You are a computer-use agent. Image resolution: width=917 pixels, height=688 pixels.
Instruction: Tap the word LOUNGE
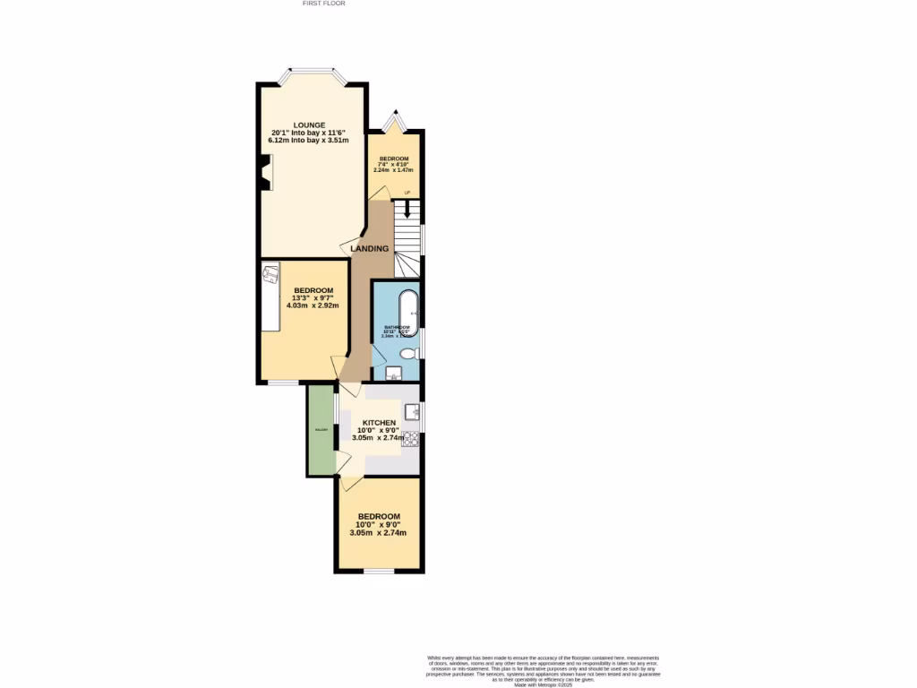(x=309, y=125)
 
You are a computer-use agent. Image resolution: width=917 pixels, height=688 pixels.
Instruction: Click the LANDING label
(x=369, y=248)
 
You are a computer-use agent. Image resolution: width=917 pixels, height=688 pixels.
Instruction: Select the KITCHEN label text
(x=379, y=422)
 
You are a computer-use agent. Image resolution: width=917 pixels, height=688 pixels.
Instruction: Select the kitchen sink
(x=413, y=411)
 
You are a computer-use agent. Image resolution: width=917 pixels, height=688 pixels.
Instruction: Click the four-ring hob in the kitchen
(x=411, y=438)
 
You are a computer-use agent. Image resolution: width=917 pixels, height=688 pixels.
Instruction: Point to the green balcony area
(x=320, y=430)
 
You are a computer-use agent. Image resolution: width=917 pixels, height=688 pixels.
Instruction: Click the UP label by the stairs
(x=407, y=193)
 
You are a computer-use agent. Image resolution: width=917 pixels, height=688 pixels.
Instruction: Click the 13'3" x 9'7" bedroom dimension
(x=313, y=298)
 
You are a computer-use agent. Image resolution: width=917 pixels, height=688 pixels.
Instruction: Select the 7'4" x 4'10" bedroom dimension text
(x=394, y=164)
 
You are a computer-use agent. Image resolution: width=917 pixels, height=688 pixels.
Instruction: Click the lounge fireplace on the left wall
(x=266, y=173)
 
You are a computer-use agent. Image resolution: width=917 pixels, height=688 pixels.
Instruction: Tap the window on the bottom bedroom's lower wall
(x=379, y=571)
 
